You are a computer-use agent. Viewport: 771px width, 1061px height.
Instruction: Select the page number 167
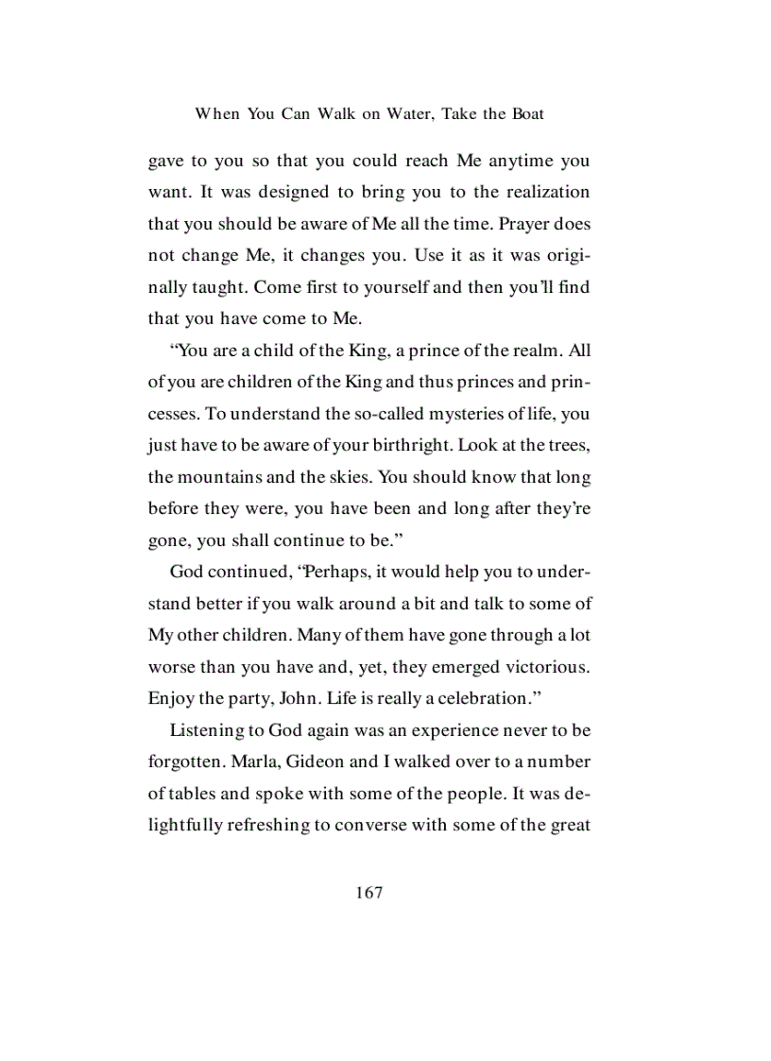click(369, 892)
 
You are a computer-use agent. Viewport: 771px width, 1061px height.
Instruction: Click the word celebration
click(469, 699)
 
